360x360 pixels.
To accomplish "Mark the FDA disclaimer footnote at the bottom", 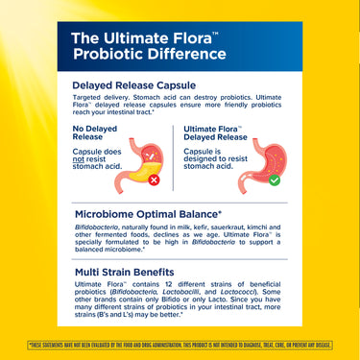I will pos(180,344).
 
